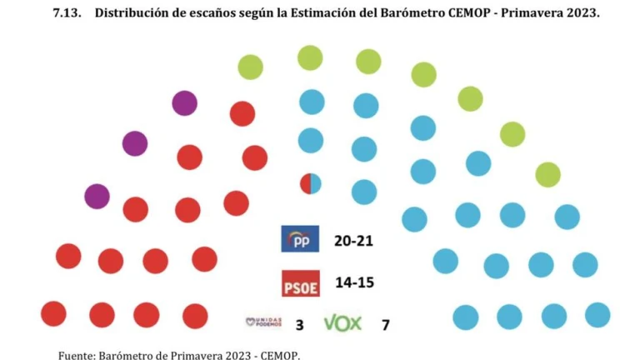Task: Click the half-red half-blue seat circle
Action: [311, 183]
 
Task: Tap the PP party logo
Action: [300, 239]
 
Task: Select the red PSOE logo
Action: [300, 283]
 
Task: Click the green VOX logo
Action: [342, 322]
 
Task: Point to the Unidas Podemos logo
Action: [264, 322]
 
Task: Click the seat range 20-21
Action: [353, 240]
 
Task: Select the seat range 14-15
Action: [353, 282]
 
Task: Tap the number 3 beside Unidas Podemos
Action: [299, 324]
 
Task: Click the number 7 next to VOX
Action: [385, 324]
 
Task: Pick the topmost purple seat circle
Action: [184, 103]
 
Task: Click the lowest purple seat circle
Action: [97, 197]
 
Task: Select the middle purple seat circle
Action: [134, 143]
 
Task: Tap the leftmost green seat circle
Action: [250, 67]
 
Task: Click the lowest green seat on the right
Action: [547, 175]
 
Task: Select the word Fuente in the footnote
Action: [77, 355]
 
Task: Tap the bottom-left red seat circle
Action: [53, 314]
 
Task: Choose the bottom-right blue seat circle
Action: [597, 315]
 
